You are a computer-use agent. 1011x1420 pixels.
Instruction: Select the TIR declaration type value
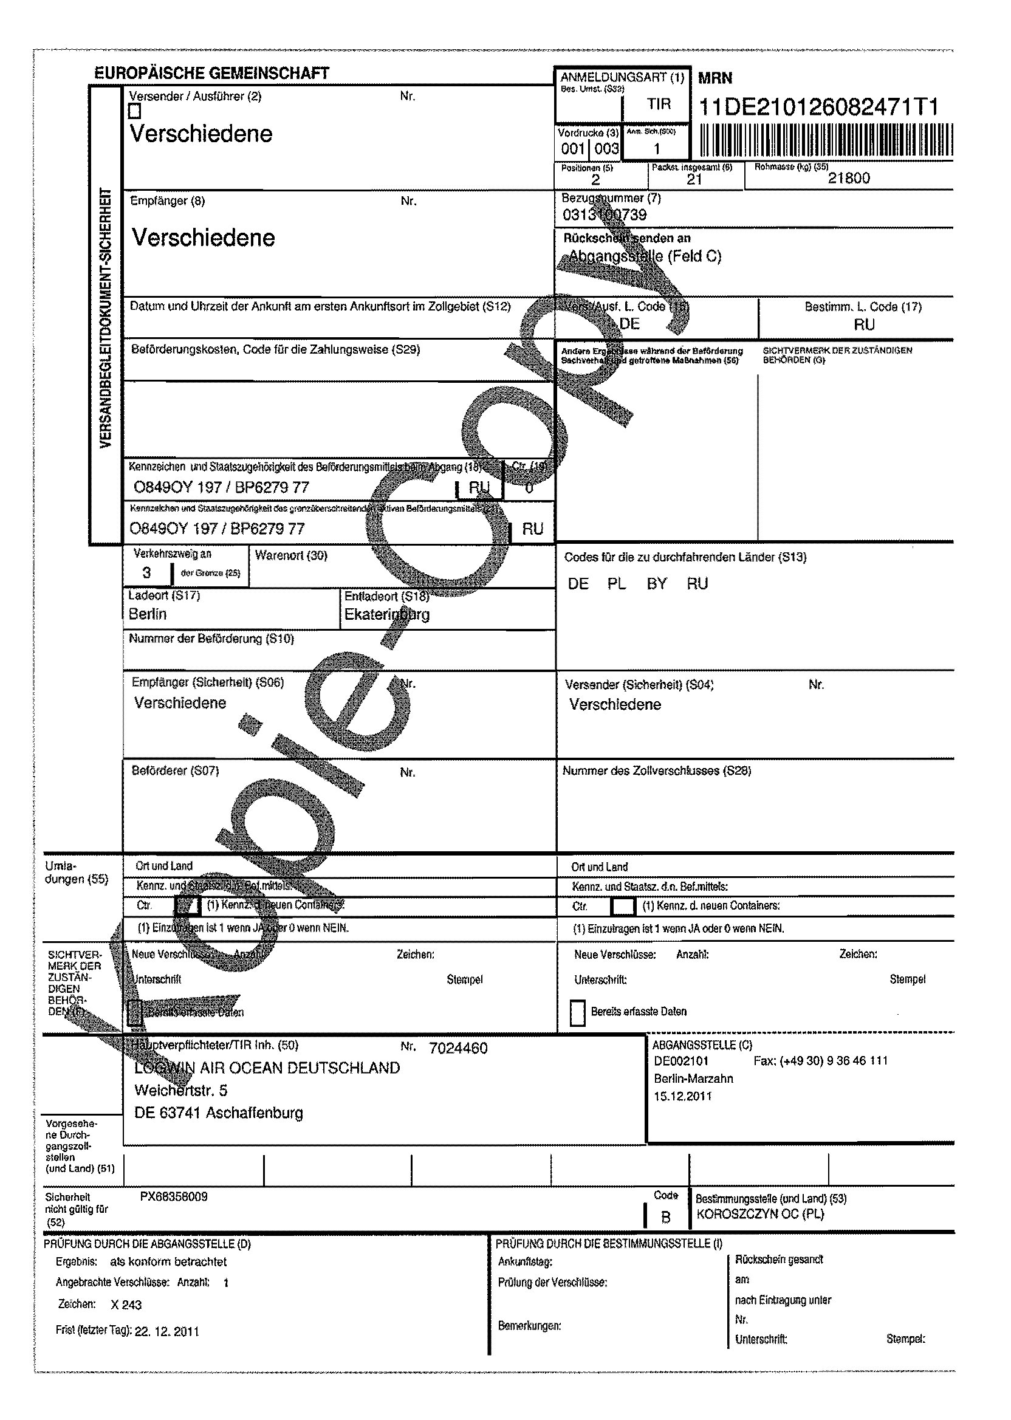[659, 104]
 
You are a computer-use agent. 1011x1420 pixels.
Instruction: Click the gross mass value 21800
[849, 178]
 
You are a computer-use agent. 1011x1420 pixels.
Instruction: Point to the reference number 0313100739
[605, 215]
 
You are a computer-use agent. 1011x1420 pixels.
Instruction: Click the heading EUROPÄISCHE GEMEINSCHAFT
[211, 74]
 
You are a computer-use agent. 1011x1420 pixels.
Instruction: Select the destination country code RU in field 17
[864, 324]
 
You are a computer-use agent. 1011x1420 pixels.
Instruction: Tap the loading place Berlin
[148, 614]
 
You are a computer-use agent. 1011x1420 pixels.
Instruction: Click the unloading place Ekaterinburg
[386, 614]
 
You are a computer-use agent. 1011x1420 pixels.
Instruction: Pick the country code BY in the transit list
[657, 583]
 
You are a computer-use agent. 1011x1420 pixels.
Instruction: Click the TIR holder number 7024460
[458, 1048]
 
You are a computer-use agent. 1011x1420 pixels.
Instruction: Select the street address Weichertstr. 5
[181, 1090]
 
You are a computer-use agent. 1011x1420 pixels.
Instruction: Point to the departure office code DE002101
[681, 1061]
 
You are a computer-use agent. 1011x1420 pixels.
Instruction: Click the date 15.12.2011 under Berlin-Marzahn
[682, 1096]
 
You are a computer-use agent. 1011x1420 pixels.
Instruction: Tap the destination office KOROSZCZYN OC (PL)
[760, 1214]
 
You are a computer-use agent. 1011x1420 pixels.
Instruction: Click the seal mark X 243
[126, 1305]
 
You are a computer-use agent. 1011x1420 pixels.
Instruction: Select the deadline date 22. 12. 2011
[167, 1332]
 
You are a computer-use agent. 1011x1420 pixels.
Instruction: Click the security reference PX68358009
[174, 1196]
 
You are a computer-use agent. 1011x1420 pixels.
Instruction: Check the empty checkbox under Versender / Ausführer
[134, 111]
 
